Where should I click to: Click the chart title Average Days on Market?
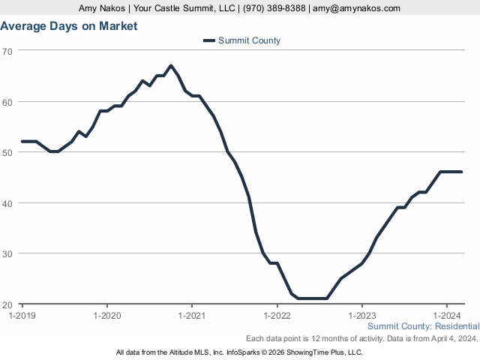coord(69,26)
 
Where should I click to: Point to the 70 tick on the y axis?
coord(7,51)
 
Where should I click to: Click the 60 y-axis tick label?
coord(7,102)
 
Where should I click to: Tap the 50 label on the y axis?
coord(7,152)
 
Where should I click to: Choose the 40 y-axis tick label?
coord(7,203)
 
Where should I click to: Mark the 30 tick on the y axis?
coord(7,254)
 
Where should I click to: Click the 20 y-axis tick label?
coord(7,304)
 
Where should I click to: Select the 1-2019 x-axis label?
coord(22,315)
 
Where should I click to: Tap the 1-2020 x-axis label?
coord(107,315)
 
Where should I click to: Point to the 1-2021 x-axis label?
coord(192,315)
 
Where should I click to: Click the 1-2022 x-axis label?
coord(277,315)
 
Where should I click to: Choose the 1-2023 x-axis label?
coord(362,315)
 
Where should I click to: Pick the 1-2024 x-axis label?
coord(447,315)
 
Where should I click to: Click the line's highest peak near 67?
coord(171,66)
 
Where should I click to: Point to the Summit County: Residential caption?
coord(423,326)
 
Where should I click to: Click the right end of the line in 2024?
coord(461,172)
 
